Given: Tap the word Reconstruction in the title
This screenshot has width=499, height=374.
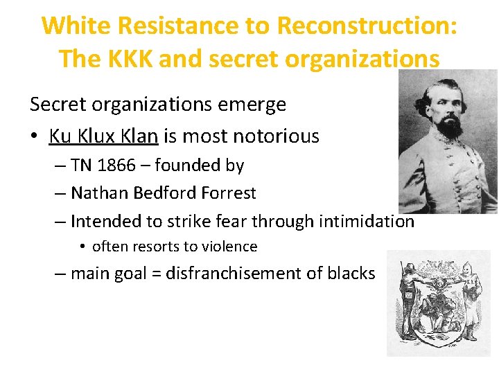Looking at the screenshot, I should (367, 26).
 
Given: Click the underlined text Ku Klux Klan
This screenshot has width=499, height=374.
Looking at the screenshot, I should (103, 136).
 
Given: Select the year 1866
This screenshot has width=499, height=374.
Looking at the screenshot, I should (119, 166).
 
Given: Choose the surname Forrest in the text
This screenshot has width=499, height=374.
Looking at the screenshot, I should (226, 193).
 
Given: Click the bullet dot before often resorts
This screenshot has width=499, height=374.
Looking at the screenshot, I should (82, 247).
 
